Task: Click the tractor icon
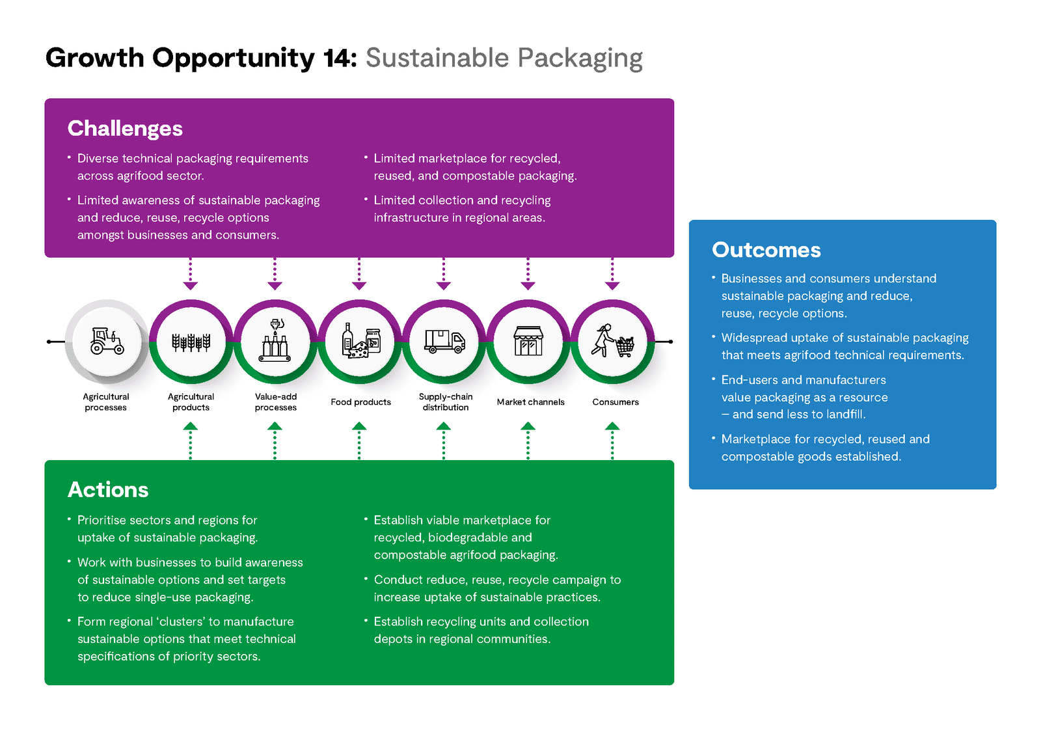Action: [107, 341]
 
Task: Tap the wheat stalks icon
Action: [191, 342]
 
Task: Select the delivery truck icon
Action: [445, 342]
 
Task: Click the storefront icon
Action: [528, 341]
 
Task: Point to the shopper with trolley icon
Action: [612, 341]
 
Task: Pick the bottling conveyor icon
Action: [275, 340]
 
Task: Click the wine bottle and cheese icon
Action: [360, 341]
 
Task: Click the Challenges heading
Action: [125, 129]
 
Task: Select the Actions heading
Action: [108, 489]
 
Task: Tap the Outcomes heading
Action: [766, 250]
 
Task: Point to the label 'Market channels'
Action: [530, 402]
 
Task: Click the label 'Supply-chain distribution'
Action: [445, 402]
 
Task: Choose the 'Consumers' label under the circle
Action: [615, 402]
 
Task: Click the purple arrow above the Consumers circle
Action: [612, 274]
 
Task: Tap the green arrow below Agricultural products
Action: [191, 441]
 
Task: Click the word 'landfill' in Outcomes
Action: [846, 415]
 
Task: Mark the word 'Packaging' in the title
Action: [580, 59]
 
